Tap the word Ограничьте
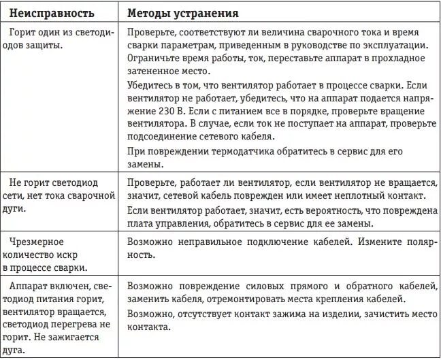[x=154, y=59]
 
